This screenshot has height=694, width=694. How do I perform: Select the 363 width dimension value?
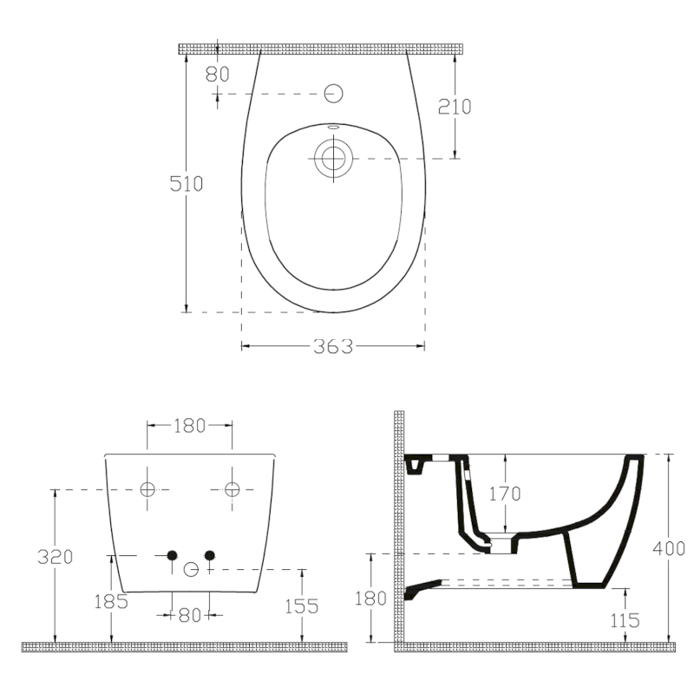333,346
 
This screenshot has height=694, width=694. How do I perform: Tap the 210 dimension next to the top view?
455,106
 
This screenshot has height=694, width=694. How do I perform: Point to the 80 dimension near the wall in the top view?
217,74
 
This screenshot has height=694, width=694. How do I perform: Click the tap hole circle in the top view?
333,93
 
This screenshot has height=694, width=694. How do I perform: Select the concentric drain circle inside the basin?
333,158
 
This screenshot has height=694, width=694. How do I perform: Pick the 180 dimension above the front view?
189,425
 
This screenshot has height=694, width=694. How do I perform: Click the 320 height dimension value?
54,556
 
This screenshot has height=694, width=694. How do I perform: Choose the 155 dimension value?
302,606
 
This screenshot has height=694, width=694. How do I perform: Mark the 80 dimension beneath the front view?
189,615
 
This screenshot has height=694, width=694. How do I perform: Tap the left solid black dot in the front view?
172,555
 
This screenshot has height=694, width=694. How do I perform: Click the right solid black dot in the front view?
208,555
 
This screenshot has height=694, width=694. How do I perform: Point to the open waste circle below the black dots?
192,569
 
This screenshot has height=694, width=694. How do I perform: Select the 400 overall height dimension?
670,548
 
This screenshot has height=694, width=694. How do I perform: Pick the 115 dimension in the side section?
625,619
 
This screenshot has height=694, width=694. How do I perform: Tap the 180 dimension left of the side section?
370,598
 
